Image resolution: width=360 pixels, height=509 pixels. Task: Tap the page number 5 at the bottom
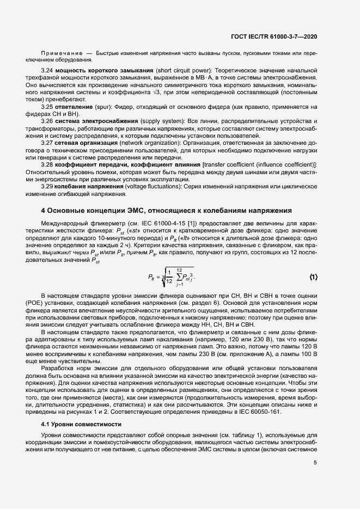(315, 463)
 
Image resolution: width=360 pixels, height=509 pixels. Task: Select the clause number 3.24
(48, 71)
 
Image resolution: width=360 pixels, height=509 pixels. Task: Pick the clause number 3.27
(48, 143)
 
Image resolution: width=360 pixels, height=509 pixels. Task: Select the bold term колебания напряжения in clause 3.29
(90, 186)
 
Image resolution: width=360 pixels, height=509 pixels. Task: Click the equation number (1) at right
(313, 277)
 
